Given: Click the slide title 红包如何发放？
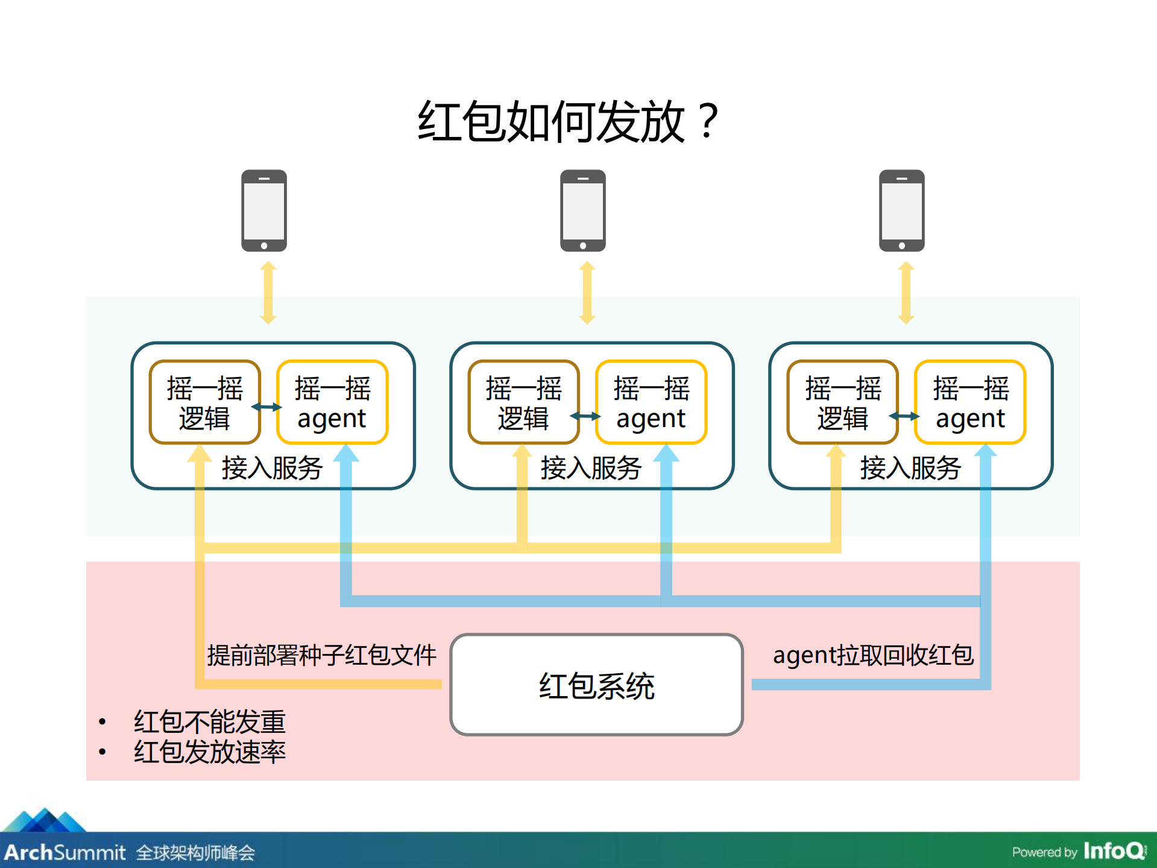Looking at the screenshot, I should [x=567, y=122].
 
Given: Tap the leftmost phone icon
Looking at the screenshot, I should [x=264, y=211].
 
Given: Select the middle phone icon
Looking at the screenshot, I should [x=582, y=211].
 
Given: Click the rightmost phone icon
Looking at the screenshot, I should [x=901, y=211].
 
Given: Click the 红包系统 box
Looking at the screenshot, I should [x=596, y=685].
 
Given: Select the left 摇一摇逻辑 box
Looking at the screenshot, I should [x=205, y=402].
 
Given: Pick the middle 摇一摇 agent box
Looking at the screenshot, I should [x=651, y=402].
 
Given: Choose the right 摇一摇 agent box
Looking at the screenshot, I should [x=970, y=402].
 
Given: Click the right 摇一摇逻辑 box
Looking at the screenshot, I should [x=843, y=402].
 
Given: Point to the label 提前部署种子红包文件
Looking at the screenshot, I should [x=321, y=655].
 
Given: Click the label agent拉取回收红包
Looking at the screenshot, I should [x=873, y=655].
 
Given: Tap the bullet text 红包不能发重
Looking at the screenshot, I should [x=209, y=721].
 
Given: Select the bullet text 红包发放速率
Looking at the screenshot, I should [x=209, y=752].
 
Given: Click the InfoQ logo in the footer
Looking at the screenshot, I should [x=1115, y=851].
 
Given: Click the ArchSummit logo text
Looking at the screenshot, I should [x=65, y=852].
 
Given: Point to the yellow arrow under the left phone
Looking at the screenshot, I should [x=269, y=293].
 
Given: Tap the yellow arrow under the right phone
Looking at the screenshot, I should [x=906, y=293].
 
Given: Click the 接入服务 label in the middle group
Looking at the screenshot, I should [x=591, y=468].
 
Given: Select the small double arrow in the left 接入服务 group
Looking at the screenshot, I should [x=266, y=407].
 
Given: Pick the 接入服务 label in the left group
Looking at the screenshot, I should [x=272, y=468].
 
